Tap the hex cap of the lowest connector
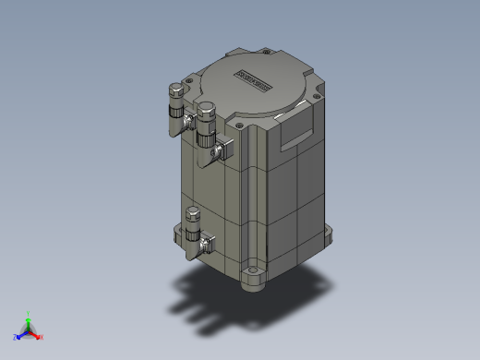[x=193, y=214]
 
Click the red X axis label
[x=42, y=337]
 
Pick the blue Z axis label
[x=17, y=337]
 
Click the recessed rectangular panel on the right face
[x=296, y=135]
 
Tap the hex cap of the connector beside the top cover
[x=174, y=90]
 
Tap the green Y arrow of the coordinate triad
[x=29, y=320]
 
